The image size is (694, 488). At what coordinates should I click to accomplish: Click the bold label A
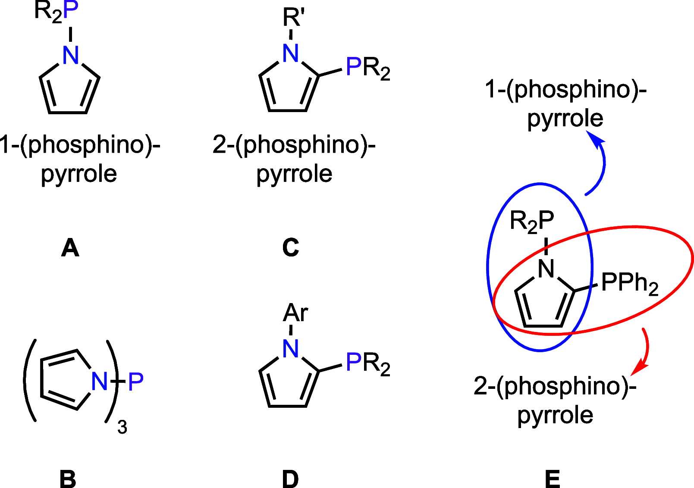70,248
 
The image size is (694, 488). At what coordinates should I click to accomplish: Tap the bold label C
290,248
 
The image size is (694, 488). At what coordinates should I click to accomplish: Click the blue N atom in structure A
71,55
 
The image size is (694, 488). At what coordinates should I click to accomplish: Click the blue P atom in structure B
136,381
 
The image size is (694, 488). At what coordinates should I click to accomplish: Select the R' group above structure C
294,18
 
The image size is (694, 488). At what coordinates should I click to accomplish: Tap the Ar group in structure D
295,313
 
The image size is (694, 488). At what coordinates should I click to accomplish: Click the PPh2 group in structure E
630,283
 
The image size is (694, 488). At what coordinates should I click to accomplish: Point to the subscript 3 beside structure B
122,428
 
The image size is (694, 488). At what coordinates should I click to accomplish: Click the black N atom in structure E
546,269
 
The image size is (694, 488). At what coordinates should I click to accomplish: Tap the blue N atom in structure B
100,381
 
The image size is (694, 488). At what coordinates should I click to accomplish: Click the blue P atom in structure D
354,362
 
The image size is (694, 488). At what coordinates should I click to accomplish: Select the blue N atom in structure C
291,53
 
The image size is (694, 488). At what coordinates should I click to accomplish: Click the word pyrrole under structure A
79,174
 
